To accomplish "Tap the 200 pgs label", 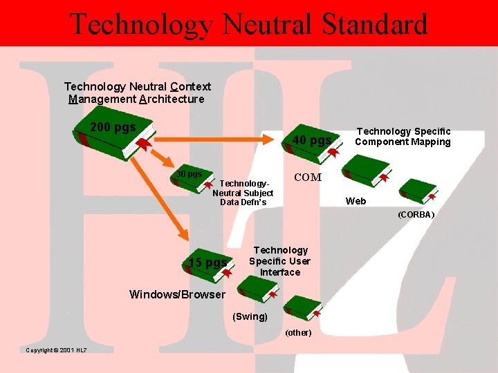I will [x=113, y=128].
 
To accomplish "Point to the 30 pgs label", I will [x=188, y=173].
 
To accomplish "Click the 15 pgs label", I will [x=207, y=262].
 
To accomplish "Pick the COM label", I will [x=308, y=178].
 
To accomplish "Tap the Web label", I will [x=356, y=201].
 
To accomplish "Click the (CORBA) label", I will [x=416, y=215].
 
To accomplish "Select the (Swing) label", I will [x=250, y=316].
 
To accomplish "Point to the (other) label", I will [x=298, y=333].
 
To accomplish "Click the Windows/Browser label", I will [x=177, y=295].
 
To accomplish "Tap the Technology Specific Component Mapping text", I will [x=403, y=137].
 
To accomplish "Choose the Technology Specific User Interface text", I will [x=280, y=261].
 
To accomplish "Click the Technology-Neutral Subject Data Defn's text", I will [x=243, y=193].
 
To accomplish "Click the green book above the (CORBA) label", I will [x=418, y=191].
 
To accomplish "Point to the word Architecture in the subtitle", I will [x=172, y=99].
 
